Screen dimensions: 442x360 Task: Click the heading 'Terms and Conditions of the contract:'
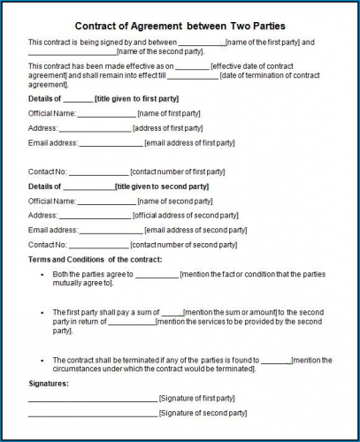(x=96, y=259)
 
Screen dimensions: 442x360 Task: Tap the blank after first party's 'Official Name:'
(x=106, y=113)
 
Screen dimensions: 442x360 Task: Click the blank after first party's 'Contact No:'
(x=98, y=171)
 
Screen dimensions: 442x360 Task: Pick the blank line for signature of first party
(x=92, y=400)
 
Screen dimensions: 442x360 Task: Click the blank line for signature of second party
(x=92, y=414)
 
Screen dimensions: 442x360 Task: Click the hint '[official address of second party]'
(x=186, y=215)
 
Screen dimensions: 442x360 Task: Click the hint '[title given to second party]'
(x=162, y=187)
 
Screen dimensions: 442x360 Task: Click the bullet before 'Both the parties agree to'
(x=42, y=274)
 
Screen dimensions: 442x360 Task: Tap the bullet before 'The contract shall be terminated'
(x=42, y=360)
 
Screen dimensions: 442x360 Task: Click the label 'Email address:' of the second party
(x=52, y=230)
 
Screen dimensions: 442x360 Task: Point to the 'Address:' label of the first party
(x=42, y=128)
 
